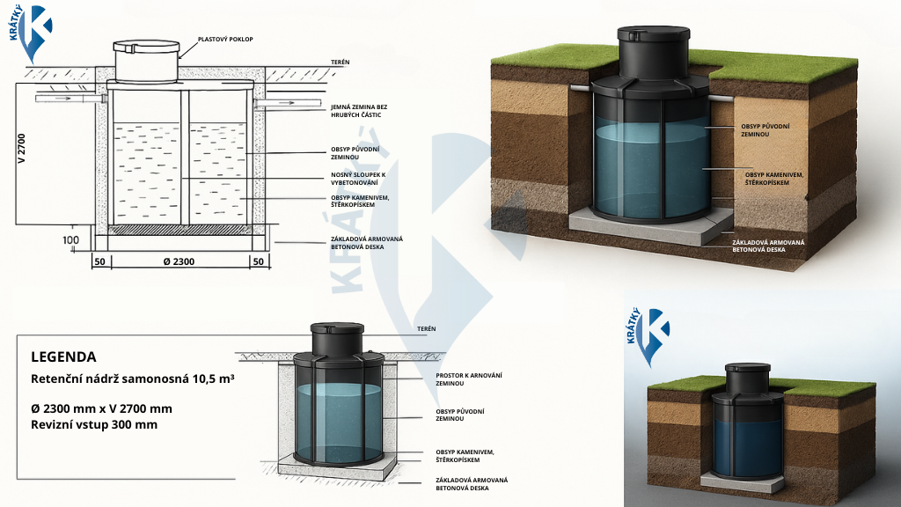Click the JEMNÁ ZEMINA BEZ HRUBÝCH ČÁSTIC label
[358, 110]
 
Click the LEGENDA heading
[63, 356]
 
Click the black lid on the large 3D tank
[652, 38]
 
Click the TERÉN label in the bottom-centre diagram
[426, 328]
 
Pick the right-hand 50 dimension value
[258, 261]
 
